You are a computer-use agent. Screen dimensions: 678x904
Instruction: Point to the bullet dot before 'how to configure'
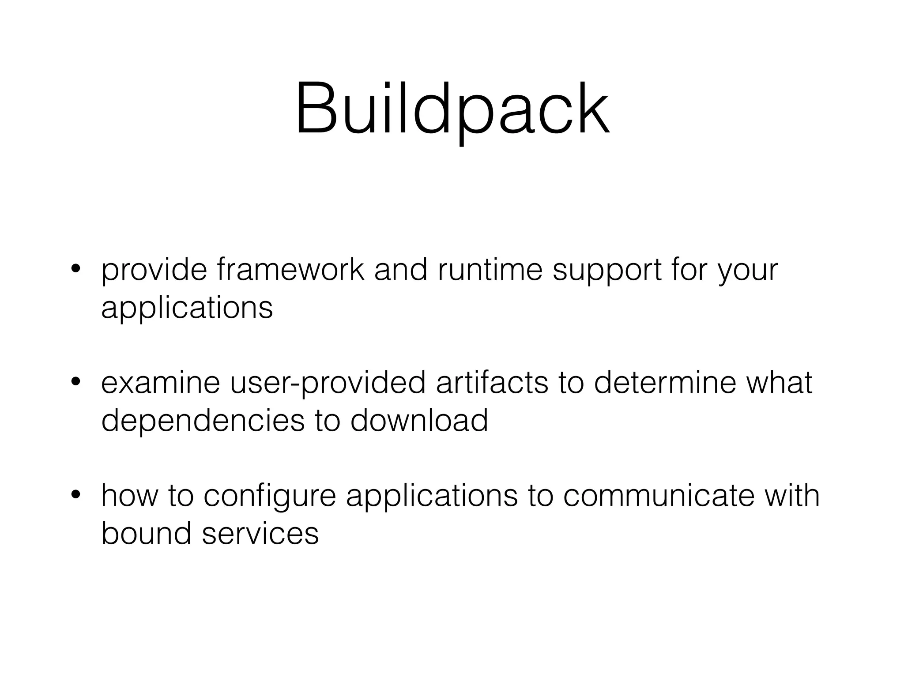tap(76, 494)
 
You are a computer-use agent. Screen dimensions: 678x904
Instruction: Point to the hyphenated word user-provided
tap(328, 383)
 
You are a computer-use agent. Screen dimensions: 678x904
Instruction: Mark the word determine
tap(665, 382)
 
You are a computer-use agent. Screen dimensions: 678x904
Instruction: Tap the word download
tap(419, 420)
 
